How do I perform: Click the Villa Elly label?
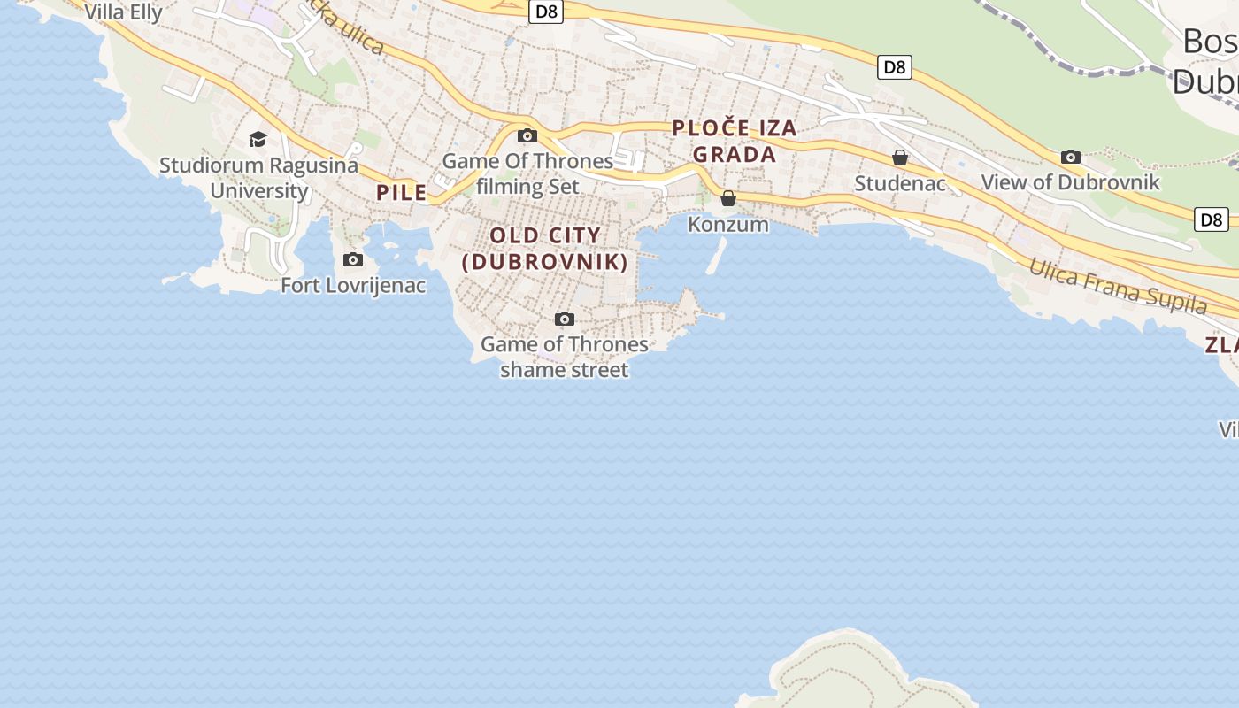coord(123,12)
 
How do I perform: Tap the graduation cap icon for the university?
coord(258,139)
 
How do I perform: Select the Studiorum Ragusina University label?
coord(259,177)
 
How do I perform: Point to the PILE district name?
coord(402,192)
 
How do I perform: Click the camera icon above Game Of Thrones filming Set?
coord(527,135)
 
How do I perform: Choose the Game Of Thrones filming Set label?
coord(527,173)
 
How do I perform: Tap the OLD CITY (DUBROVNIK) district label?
coord(545,249)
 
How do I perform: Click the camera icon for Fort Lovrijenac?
coord(353,259)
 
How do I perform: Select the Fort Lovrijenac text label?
coord(353,285)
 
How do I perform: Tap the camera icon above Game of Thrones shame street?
coord(564,319)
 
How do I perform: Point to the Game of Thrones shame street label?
coord(565,357)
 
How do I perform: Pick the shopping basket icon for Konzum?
coord(728,198)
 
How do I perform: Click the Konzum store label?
coord(728,224)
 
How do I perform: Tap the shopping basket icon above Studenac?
coord(900,158)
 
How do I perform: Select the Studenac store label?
coord(900,183)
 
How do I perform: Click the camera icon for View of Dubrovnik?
coord(1071,157)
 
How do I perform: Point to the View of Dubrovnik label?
coord(1071,182)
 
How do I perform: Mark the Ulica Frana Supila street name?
coord(1118,286)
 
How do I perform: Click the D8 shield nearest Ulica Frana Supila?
coord(1212,219)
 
